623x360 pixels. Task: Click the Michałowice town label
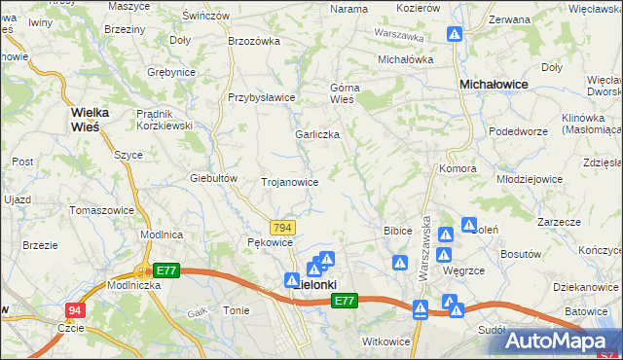pos(494,85)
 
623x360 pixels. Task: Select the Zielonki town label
pos(315,284)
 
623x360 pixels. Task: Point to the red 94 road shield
pos(75,310)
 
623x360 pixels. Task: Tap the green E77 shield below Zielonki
pos(344,303)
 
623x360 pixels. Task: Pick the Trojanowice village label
pos(289,182)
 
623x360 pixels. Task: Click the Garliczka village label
pos(317,135)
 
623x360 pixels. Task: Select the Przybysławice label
pos(261,97)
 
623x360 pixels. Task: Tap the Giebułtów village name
pos(215,178)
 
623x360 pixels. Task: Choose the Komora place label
pos(458,167)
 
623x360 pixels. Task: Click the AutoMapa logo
pos(564,341)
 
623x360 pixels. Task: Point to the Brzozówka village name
pos(253,41)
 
